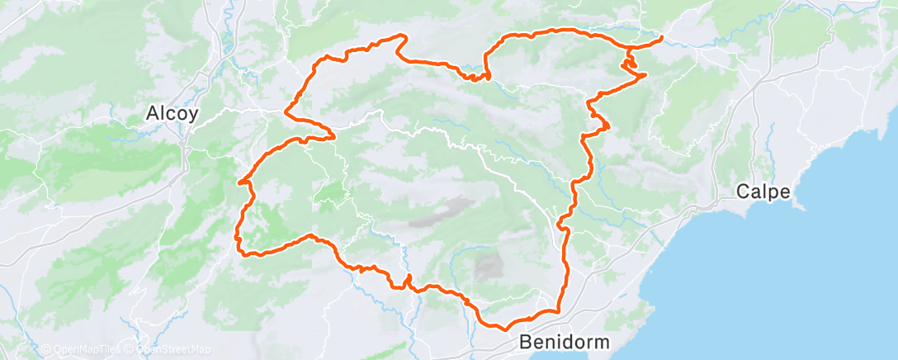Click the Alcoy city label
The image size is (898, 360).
click(171, 114)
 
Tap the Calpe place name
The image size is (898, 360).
click(764, 192)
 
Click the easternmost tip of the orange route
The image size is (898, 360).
click(663, 38)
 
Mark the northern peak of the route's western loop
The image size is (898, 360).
click(403, 36)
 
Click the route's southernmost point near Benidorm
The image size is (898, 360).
click(503, 329)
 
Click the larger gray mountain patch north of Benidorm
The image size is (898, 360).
click(489, 267)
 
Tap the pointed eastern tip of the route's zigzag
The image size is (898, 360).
click(645, 75)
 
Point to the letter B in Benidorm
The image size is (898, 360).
click(527, 341)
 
